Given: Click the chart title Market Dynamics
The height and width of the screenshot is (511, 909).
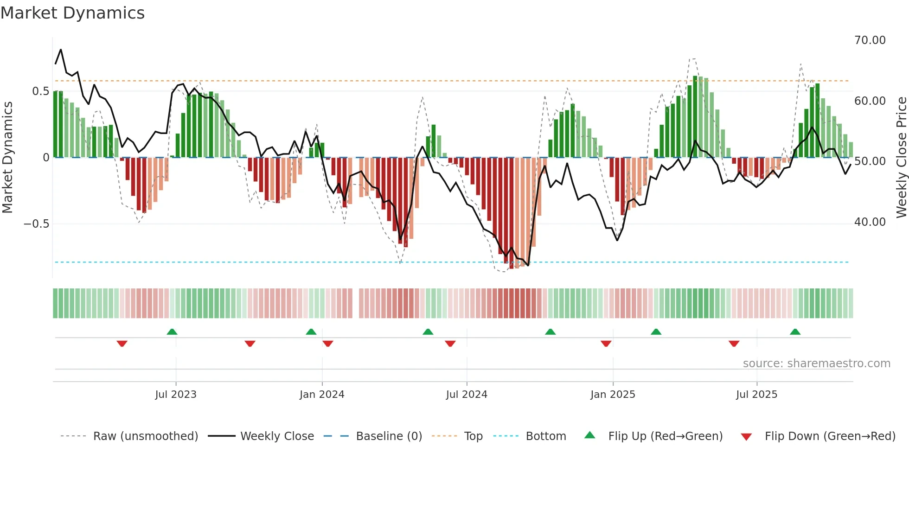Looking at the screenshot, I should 72,13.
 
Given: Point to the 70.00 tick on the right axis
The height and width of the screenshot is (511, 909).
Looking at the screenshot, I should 870,40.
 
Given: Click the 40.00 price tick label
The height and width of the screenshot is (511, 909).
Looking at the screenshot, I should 870,222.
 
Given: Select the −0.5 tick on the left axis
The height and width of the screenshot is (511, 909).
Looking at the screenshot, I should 36,224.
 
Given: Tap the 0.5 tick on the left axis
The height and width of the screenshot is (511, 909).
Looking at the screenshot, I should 40,91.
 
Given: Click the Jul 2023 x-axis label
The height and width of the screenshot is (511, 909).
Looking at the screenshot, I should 176,395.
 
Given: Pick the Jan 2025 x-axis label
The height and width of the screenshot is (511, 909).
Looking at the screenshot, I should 613,395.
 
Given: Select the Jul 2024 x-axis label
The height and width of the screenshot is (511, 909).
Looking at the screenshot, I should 467,395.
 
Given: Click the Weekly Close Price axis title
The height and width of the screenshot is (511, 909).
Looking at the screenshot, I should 901,157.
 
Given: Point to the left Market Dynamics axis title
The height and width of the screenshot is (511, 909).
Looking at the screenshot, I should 7,157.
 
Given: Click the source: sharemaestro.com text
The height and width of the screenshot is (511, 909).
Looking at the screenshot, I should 816,364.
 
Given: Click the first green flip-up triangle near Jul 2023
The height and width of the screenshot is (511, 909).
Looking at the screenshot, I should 172,332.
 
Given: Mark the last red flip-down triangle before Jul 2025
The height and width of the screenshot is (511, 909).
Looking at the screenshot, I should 734,344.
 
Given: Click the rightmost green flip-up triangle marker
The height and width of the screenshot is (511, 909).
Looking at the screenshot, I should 795,332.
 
